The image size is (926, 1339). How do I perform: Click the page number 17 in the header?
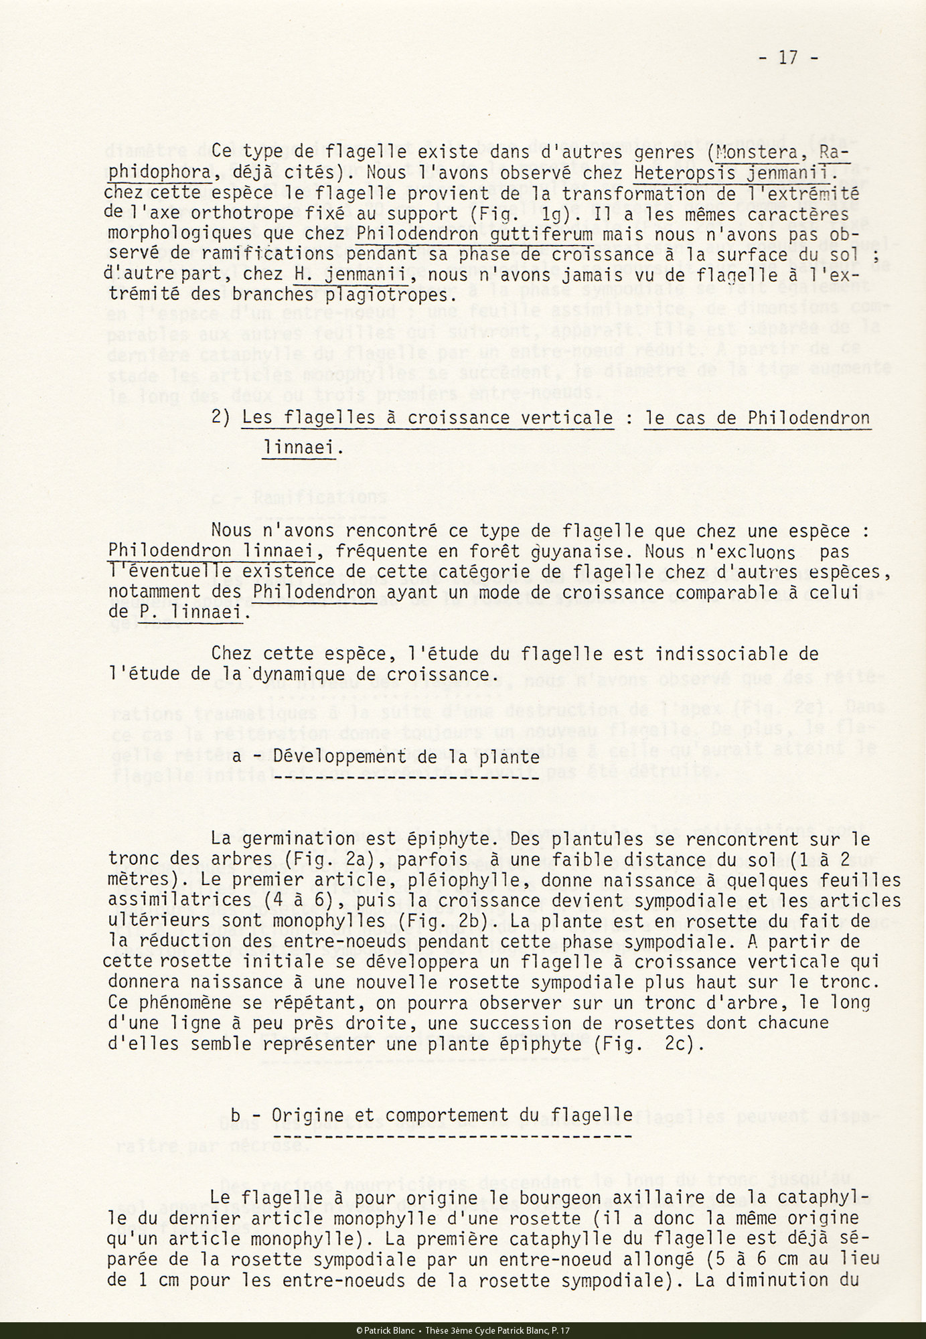pos(788,58)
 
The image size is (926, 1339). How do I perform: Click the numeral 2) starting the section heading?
pos(220,418)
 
